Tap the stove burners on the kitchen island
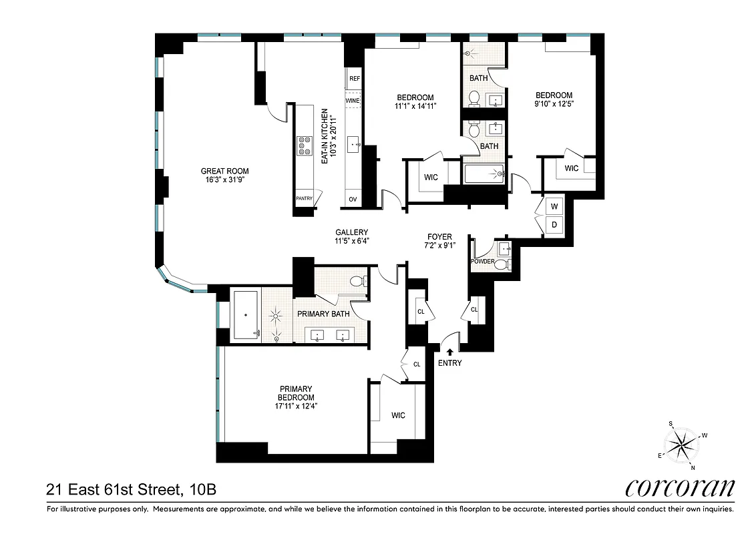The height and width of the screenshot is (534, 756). pos(305,146)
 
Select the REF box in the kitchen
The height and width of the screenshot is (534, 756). pos(354,79)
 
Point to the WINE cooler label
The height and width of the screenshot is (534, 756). pos(353,101)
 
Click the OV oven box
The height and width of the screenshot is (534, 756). pos(353,199)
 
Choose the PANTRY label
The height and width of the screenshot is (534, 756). pos(305,199)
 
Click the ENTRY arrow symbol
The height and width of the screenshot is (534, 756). pos(449,351)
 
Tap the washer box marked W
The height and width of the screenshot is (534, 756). pos(554,206)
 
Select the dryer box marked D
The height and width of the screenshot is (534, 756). pos(554,225)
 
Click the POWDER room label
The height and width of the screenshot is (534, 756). pos(483,261)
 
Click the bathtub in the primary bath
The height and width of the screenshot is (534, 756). pos(245,316)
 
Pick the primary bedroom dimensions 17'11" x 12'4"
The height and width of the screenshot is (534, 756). pos(297,405)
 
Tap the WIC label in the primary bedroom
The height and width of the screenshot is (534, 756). pos(398,415)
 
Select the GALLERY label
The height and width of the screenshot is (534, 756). pos(352,232)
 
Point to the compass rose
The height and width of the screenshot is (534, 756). pos(681,444)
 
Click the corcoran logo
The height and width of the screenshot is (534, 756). pos(680,489)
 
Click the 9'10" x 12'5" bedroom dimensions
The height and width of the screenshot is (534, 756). pos(554,104)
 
